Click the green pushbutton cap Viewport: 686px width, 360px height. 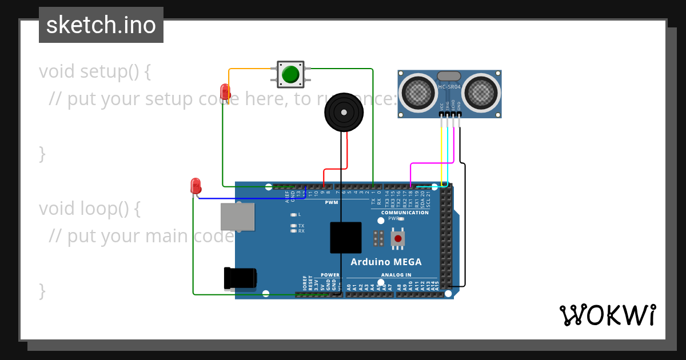click(x=291, y=74)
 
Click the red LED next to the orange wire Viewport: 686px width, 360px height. click(x=225, y=91)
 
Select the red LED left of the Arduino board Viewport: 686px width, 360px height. click(x=196, y=186)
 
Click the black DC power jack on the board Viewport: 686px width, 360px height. click(x=240, y=278)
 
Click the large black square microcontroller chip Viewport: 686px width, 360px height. click(x=345, y=238)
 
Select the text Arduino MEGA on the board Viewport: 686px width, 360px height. click(x=386, y=262)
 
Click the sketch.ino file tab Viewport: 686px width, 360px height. click(x=101, y=25)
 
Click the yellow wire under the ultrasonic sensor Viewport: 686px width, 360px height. click(x=441, y=149)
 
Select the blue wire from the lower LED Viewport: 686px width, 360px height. click(x=252, y=199)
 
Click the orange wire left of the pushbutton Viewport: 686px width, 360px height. click(x=249, y=70)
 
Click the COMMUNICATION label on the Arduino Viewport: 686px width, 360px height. click(x=405, y=213)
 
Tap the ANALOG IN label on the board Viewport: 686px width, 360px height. click(x=396, y=275)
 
